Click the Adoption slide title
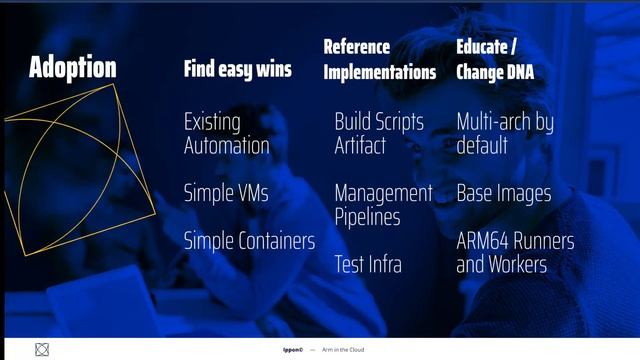point(72,68)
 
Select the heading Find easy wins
point(237,69)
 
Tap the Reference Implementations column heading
point(379,60)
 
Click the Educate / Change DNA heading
point(494,60)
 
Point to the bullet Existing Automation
point(226,134)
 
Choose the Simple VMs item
point(226,193)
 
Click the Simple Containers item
point(249,241)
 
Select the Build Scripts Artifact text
point(379,134)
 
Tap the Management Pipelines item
point(383,205)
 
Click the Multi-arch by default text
point(504,134)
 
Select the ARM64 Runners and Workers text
point(515,253)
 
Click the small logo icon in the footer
point(41,350)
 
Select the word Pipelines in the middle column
point(367,217)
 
